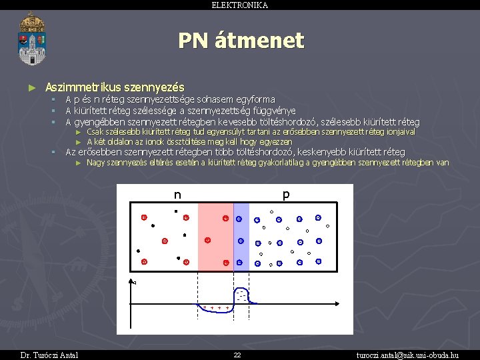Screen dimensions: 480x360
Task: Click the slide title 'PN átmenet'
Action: tap(241, 41)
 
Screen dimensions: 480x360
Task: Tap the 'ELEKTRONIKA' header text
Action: tap(240, 5)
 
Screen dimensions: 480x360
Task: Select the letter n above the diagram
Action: tap(177, 195)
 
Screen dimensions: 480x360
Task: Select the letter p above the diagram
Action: tap(285, 195)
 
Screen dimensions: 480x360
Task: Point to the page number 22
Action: tap(237, 355)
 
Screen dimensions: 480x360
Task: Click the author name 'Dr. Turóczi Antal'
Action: tap(49, 355)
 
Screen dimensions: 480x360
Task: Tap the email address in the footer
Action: tap(407, 355)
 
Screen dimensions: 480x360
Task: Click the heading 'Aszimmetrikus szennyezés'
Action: tap(115, 87)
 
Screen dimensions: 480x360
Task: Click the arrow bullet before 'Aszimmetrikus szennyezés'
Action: tap(31, 87)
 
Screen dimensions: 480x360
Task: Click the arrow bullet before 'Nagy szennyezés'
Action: tap(79, 163)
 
